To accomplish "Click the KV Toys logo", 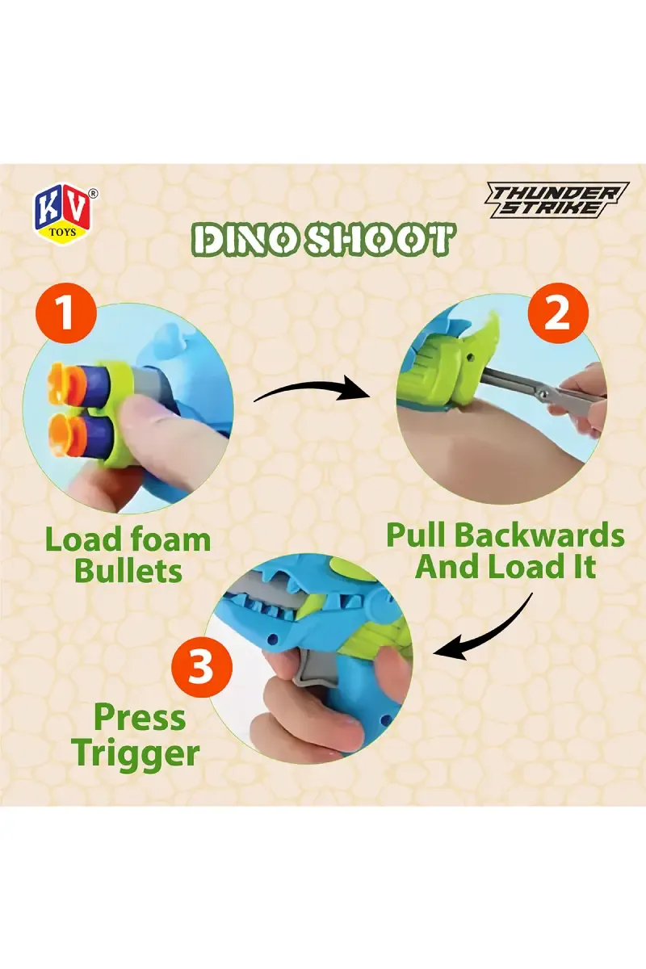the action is [63, 216].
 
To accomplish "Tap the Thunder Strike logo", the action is [556, 199].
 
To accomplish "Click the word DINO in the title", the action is [245, 239].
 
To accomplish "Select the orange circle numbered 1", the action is [65, 313].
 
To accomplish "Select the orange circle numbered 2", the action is [558, 313].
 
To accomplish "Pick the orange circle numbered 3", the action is [202, 667].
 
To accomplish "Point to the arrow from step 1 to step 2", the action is [312, 384].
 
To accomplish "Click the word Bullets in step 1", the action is [128, 571].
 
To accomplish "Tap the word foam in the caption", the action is [171, 539].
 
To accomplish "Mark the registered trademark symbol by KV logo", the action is [93, 193].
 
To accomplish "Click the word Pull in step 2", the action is [415, 535].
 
